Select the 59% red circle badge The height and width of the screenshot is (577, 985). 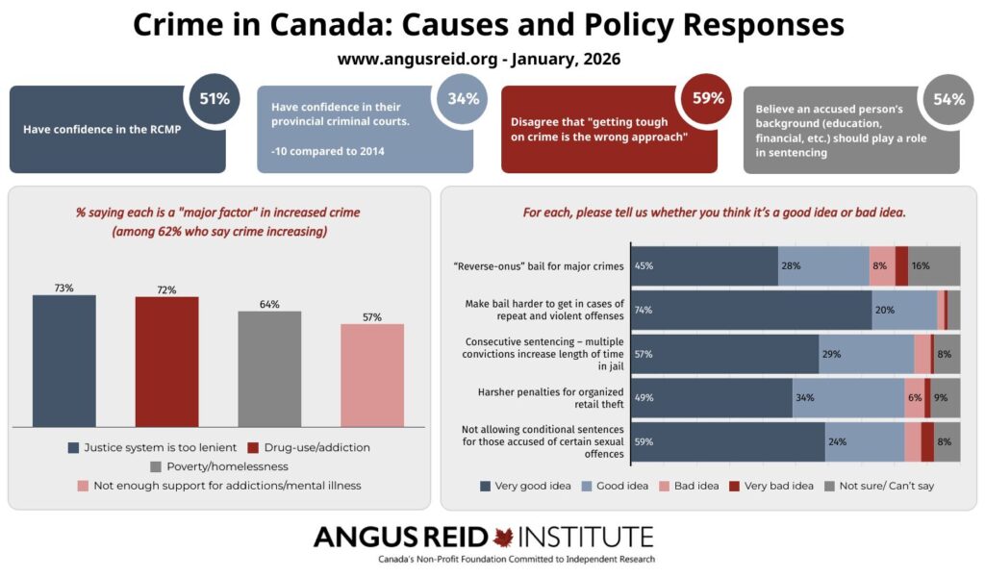tap(702, 98)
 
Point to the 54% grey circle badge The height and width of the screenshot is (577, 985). tap(946, 99)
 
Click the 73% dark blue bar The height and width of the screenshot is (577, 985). tap(63, 361)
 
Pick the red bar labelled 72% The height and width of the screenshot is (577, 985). tap(166, 362)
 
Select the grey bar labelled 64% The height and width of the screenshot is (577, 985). tap(269, 368)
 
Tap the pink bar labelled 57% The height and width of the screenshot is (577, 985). tap(372, 375)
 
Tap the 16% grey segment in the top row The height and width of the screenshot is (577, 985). tap(934, 265)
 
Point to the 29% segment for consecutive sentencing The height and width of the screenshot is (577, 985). tap(866, 354)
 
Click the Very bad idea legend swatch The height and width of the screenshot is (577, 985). tap(736, 486)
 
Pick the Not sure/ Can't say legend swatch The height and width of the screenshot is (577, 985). tap(829, 486)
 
